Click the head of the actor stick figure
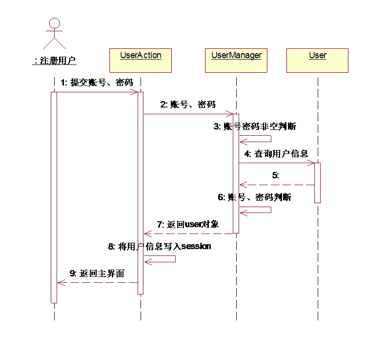click(55, 22)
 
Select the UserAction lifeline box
click(141, 60)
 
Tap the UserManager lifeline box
click(236, 60)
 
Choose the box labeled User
click(318, 60)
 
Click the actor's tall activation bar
click(55, 195)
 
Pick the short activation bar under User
click(317, 182)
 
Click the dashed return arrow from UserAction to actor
click(98, 283)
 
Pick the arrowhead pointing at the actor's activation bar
click(61, 283)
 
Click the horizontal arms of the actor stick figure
click(55, 35)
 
